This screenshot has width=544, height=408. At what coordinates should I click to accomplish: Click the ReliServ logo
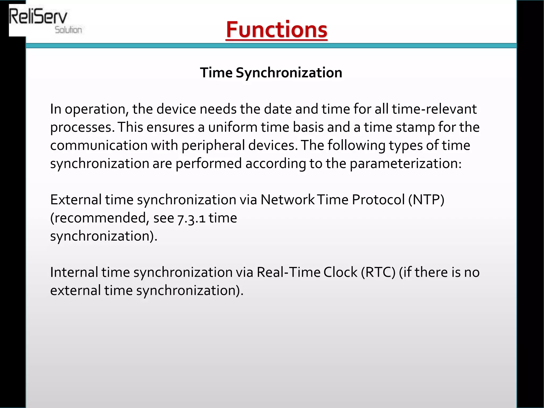39,17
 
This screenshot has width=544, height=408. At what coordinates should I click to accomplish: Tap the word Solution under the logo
68,30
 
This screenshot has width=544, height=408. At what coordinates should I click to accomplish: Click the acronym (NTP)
426,199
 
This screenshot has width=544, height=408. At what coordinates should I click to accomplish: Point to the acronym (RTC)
378,272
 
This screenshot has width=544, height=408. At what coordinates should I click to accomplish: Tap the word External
76,199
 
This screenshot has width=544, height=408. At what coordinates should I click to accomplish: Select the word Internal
74,272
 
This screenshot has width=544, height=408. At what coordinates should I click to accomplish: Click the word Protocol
378,199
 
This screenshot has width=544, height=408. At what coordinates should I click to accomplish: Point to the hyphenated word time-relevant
434,109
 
